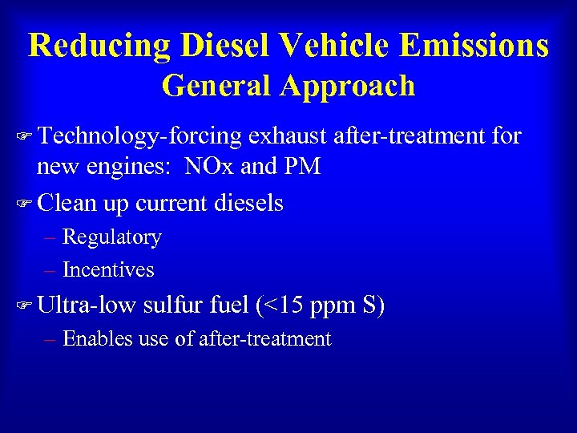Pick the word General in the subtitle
point(212,86)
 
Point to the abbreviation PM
point(302,167)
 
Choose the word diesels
point(248,203)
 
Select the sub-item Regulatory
point(112,237)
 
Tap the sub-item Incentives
point(108,270)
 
